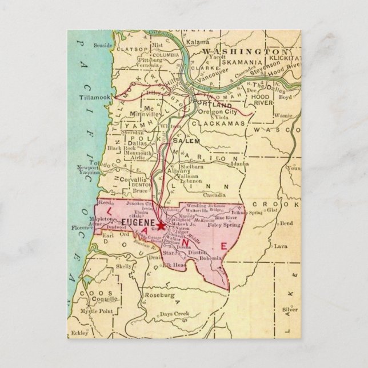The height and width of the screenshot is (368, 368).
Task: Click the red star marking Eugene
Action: click(162, 226)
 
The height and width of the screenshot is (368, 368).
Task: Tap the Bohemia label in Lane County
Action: click(211, 258)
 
